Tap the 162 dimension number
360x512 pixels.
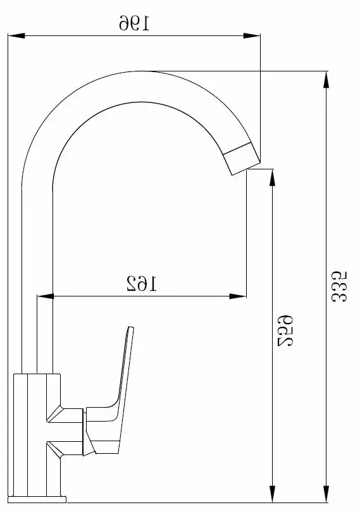[142, 283]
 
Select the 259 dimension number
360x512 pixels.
[285, 331]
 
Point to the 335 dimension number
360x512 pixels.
[339, 286]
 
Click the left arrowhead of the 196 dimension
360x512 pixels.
[16, 35]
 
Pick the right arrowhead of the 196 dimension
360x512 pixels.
[252, 35]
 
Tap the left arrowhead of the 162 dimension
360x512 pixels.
[45, 296]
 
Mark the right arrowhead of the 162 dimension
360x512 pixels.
[238, 296]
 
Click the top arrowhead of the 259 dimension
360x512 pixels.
[271, 178]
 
